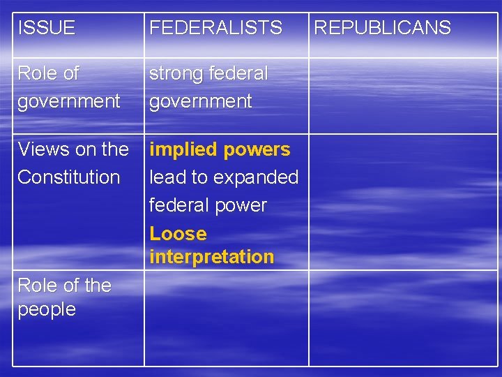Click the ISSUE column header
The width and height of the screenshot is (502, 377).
pyautogui.click(x=46, y=28)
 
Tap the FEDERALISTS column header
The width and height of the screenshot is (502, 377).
pyautogui.click(x=215, y=28)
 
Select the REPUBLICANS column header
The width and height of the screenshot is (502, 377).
pyautogui.click(x=382, y=28)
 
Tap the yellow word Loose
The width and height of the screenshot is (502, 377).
pyautogui.click(x=178, y=234)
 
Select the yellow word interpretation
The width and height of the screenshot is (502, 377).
pyautogui.click(x=211, y=257)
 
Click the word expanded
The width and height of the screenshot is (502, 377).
pyautogui.click(x=257, y=177)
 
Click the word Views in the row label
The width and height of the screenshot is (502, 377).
pyautogui.click(x=39, y=149)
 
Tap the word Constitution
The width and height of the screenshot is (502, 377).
pyautogui.click(x=68, y=177)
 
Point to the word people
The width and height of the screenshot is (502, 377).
pyautogui.click(x=46, y=309)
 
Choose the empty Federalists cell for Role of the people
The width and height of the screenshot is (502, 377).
pyautogui.click(x=227, y=318)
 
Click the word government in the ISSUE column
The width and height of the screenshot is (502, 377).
pyautogui.click(x=68, y=101)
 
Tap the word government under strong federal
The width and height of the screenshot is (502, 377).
pyautogui.click(x=200, y=101)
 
